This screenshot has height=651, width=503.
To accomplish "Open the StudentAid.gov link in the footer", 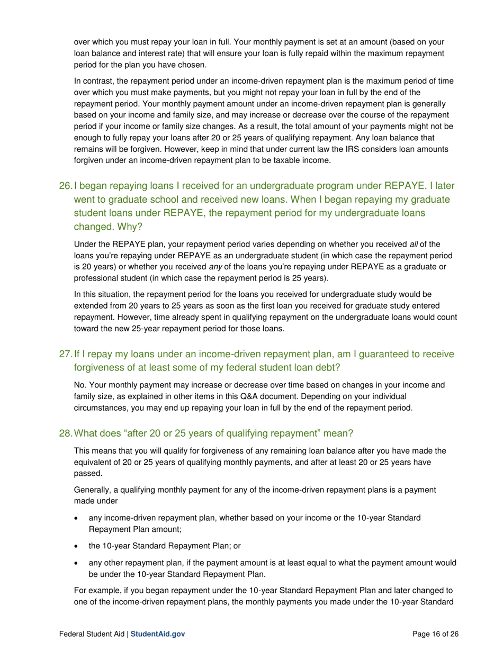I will [x=158, y=634].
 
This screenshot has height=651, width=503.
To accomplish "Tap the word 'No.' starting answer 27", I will [x=80, y=385].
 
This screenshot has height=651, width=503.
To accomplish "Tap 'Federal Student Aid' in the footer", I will [x=91, y=634].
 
